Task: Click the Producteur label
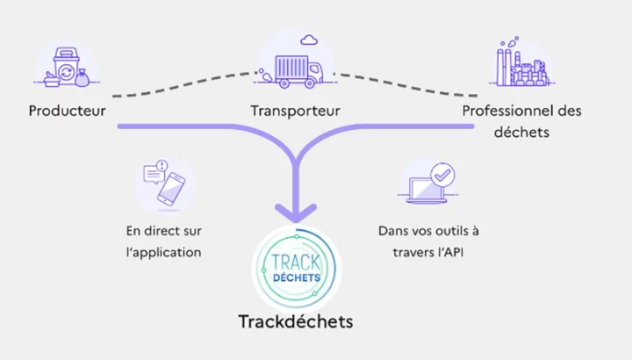68,111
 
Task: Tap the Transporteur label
296,111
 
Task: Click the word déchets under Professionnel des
521,133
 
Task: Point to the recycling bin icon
66,67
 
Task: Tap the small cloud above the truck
309,40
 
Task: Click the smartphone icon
171,189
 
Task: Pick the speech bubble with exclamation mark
154,172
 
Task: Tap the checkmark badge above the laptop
442,175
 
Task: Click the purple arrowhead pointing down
296,212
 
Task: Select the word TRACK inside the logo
296,263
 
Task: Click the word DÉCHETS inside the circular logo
297,277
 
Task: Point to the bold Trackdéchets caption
296,321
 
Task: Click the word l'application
163,253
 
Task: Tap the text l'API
449,252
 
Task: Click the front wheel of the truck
310,83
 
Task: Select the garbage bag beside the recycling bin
83,78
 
